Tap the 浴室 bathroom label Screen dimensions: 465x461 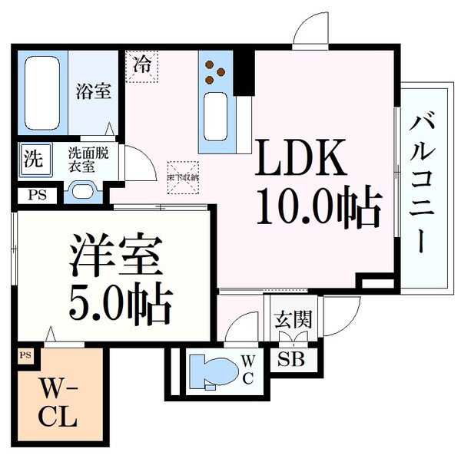(x=93, y=91)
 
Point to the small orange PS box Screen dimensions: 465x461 (x=25, y=355)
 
